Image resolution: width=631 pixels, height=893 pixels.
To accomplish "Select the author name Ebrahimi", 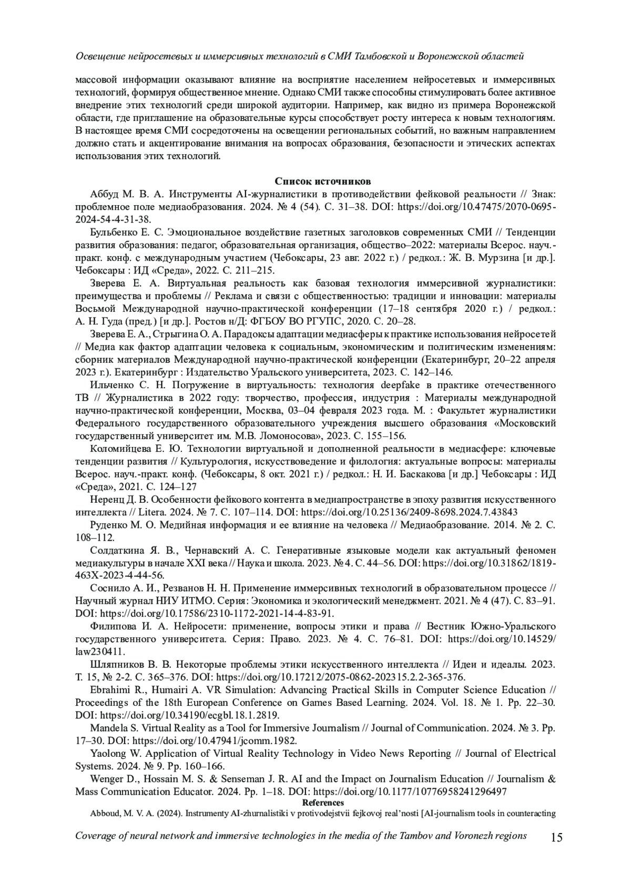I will [110, 690].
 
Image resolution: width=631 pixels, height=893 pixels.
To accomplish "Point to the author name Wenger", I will [107, 779].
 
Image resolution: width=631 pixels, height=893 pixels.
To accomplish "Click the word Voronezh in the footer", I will [466, 836].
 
